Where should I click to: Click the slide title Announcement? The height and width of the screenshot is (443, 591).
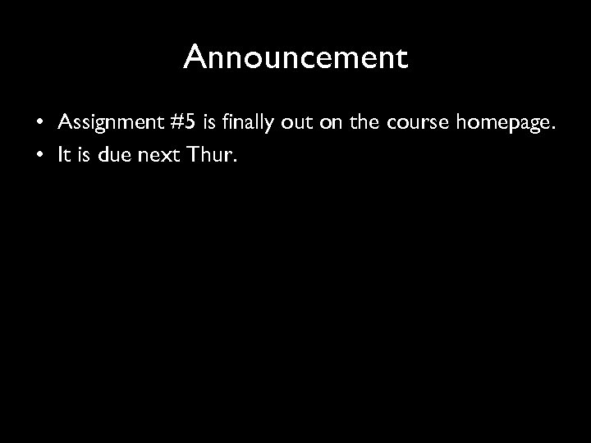pos(295,57)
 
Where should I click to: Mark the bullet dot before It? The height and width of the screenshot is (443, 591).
pos(39,156)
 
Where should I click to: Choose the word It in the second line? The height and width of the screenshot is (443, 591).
pos(65,155)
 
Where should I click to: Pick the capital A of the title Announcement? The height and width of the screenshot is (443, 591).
pos(195,57)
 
